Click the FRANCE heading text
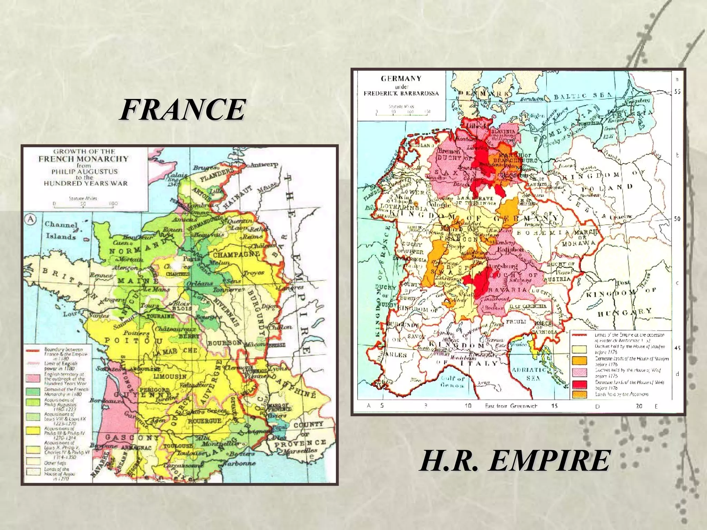[183, 110]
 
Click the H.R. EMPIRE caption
[515, 461]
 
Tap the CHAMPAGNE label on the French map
[236, 255]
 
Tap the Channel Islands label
[61, 230]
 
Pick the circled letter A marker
[31, 219]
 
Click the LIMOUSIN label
[170, 376]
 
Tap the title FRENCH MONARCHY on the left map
[84, 159]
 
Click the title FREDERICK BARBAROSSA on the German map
[401, 93]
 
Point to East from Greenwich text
[511, 406]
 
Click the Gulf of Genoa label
[453, 382]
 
